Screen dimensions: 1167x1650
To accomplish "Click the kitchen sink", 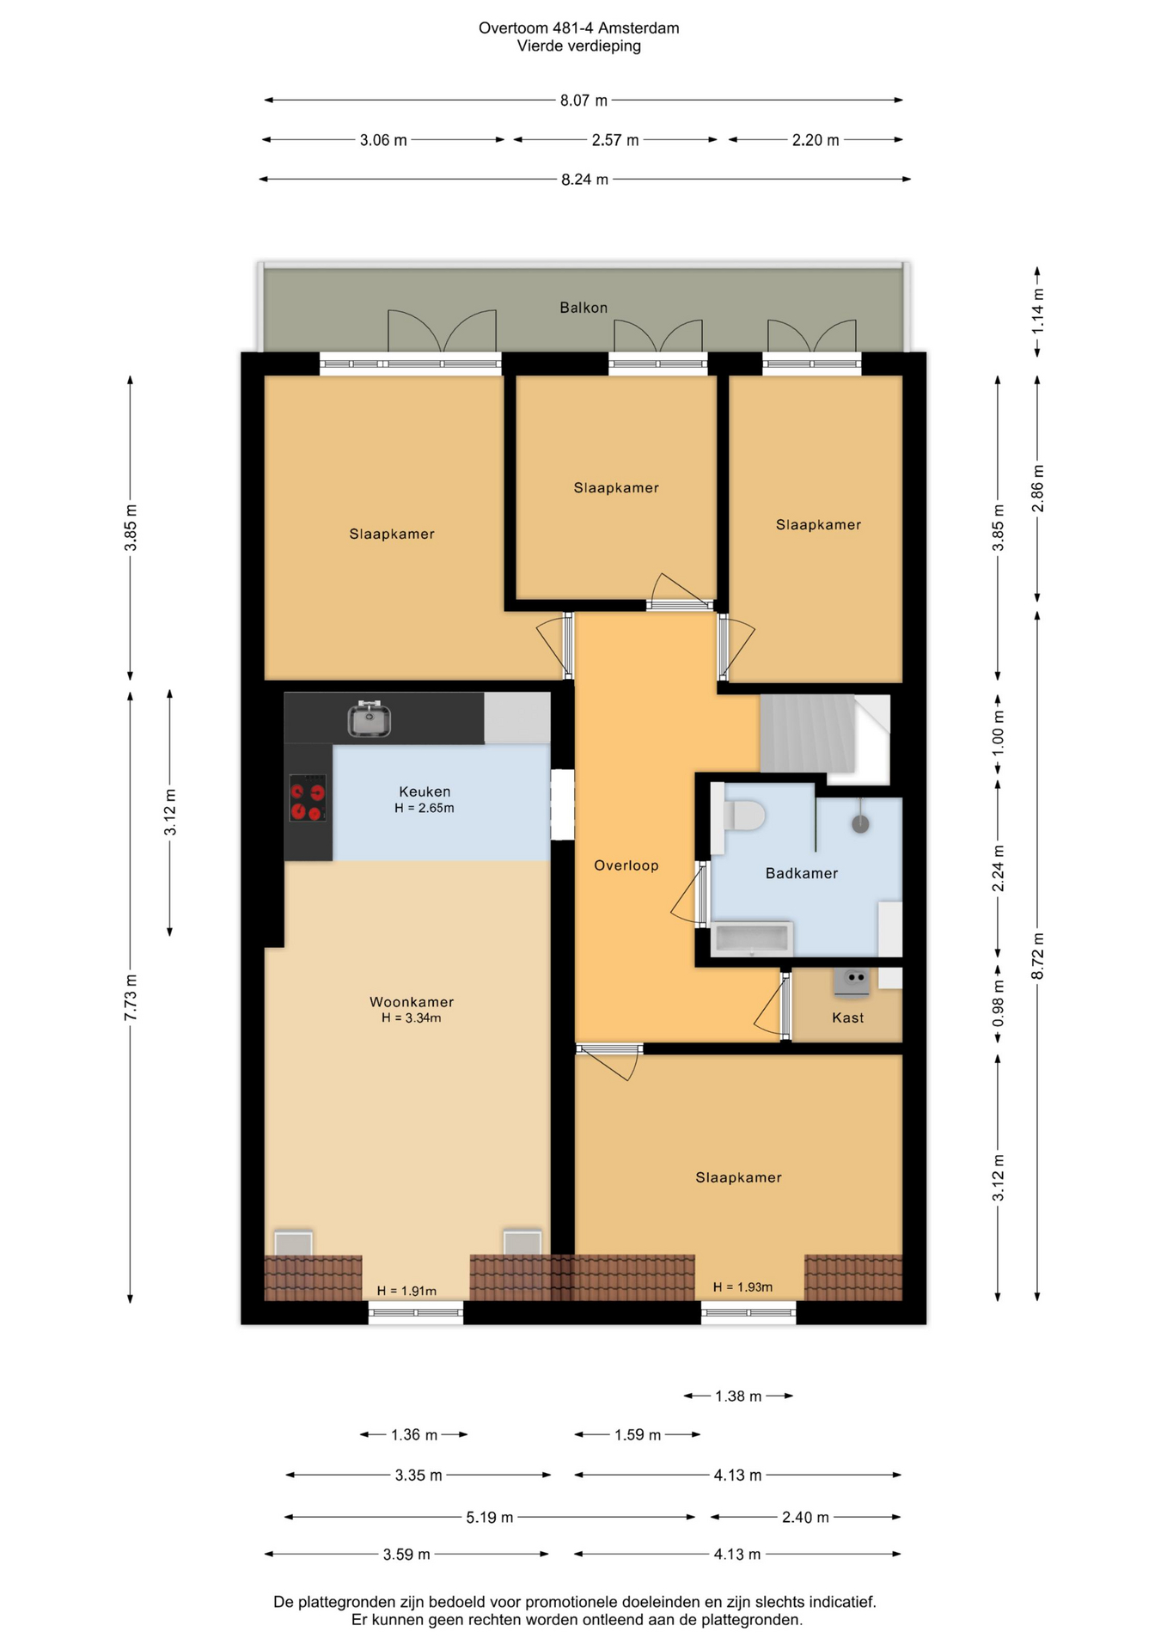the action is (x=370, y=718).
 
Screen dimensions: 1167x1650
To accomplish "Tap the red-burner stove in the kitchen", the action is (x=308, y=798).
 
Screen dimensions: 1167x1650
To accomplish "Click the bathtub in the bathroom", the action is (x=752, y=939).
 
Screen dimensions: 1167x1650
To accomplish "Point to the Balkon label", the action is (x=583, y=308).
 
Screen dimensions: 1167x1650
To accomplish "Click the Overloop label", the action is (x=626, y=865).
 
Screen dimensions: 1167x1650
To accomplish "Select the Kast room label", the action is (x=848, y=1017).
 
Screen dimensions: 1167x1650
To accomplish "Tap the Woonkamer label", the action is (x=412, y=1002).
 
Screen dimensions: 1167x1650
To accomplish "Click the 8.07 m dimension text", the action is (x=584, y=101).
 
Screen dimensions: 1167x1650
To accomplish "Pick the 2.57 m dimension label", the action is (x=615, y=140).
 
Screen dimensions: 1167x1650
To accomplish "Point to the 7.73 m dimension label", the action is (x=131, y=999).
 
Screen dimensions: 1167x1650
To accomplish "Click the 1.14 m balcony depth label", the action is (x=1038, y=310).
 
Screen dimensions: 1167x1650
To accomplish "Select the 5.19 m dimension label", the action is (x=490, y=1518).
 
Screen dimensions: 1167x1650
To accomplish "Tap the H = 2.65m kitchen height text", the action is (x=425, y=808).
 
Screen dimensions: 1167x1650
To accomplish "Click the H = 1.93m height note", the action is (x=742, y=1287).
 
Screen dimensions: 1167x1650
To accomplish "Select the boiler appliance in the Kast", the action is (x=852, y=982).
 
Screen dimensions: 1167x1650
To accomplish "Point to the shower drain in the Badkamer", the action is (x=860, y=824).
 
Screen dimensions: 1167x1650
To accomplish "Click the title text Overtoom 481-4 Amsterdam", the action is (x=579, y=28).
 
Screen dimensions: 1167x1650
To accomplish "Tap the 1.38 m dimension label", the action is (x=738, y=1396).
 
